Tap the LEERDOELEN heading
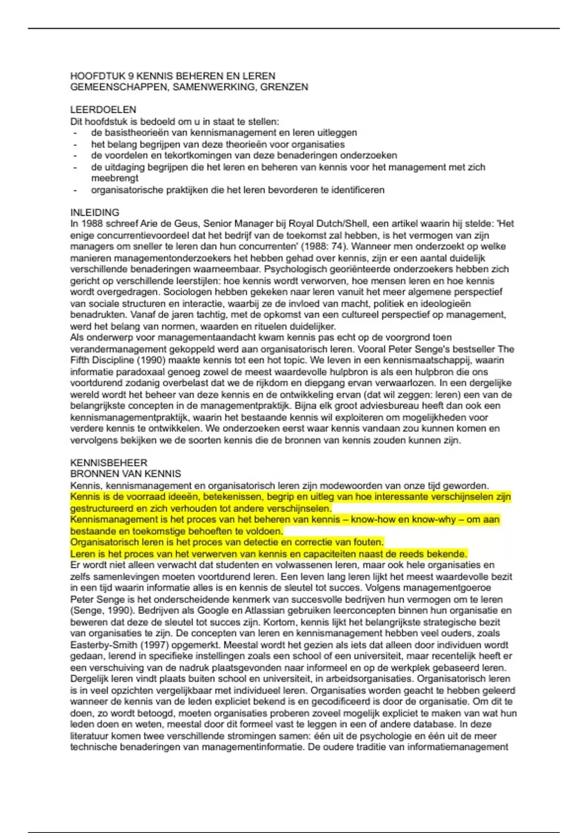[103, 110]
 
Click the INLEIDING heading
[95, 213]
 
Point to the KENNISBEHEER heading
[108, 463]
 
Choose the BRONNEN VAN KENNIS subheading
[125, 474]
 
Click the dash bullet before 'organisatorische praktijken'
[75, 190]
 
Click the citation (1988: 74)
[323, 246]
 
